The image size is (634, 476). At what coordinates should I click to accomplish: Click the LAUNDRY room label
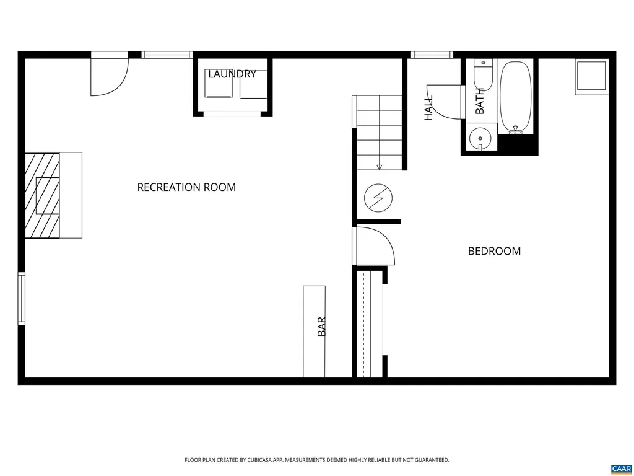click(232, 74)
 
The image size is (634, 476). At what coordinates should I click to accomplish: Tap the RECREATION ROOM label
click(186, 187)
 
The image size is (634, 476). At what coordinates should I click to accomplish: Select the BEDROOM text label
click(494, 251)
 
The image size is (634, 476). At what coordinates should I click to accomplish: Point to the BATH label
click(480, 100)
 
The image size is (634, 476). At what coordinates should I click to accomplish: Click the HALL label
click(428, 107)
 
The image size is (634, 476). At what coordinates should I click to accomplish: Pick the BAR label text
click(321, 327)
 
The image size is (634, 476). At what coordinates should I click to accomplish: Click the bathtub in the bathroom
click(515, 96)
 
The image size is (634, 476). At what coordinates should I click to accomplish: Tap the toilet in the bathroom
click(483, 74)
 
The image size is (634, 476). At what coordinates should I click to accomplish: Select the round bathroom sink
click(479, 137)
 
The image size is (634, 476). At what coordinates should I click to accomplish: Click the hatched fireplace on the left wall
click(43, 195)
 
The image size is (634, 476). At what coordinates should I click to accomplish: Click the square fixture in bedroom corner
click(591, 77)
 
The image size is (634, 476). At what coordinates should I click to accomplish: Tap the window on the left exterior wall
click(22, 299)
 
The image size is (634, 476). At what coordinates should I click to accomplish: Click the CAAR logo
click(620, 469)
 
